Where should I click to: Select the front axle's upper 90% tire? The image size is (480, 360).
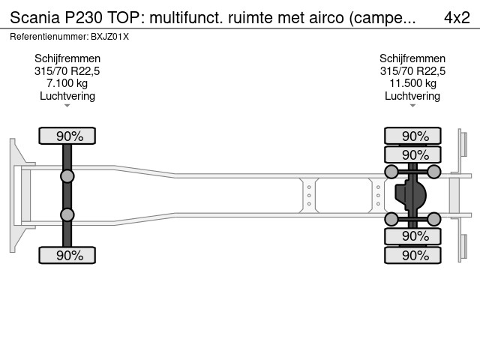67,136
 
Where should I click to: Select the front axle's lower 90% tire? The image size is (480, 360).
67,256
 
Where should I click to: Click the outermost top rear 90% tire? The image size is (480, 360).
412,136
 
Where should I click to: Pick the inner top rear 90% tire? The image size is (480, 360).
412,154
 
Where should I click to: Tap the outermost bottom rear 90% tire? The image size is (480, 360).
412,256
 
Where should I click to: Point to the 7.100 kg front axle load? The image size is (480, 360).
67,83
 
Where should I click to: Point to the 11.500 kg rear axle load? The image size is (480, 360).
412,83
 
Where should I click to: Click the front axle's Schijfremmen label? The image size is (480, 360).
67,58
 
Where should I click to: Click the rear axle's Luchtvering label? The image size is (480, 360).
412,96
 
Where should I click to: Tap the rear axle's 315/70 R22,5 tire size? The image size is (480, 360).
412,71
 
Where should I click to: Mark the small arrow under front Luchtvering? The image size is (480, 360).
67,106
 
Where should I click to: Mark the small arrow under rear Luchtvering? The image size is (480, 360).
412,106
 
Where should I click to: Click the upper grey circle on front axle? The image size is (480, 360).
67,176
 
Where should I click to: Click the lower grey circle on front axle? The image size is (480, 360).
67,215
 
